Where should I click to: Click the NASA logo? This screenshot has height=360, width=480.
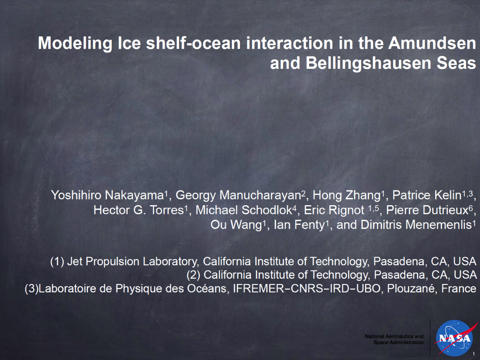pos(454,338)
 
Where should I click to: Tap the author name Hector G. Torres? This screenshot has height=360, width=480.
pos(138,210)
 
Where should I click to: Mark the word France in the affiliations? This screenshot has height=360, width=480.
pos(459,288)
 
